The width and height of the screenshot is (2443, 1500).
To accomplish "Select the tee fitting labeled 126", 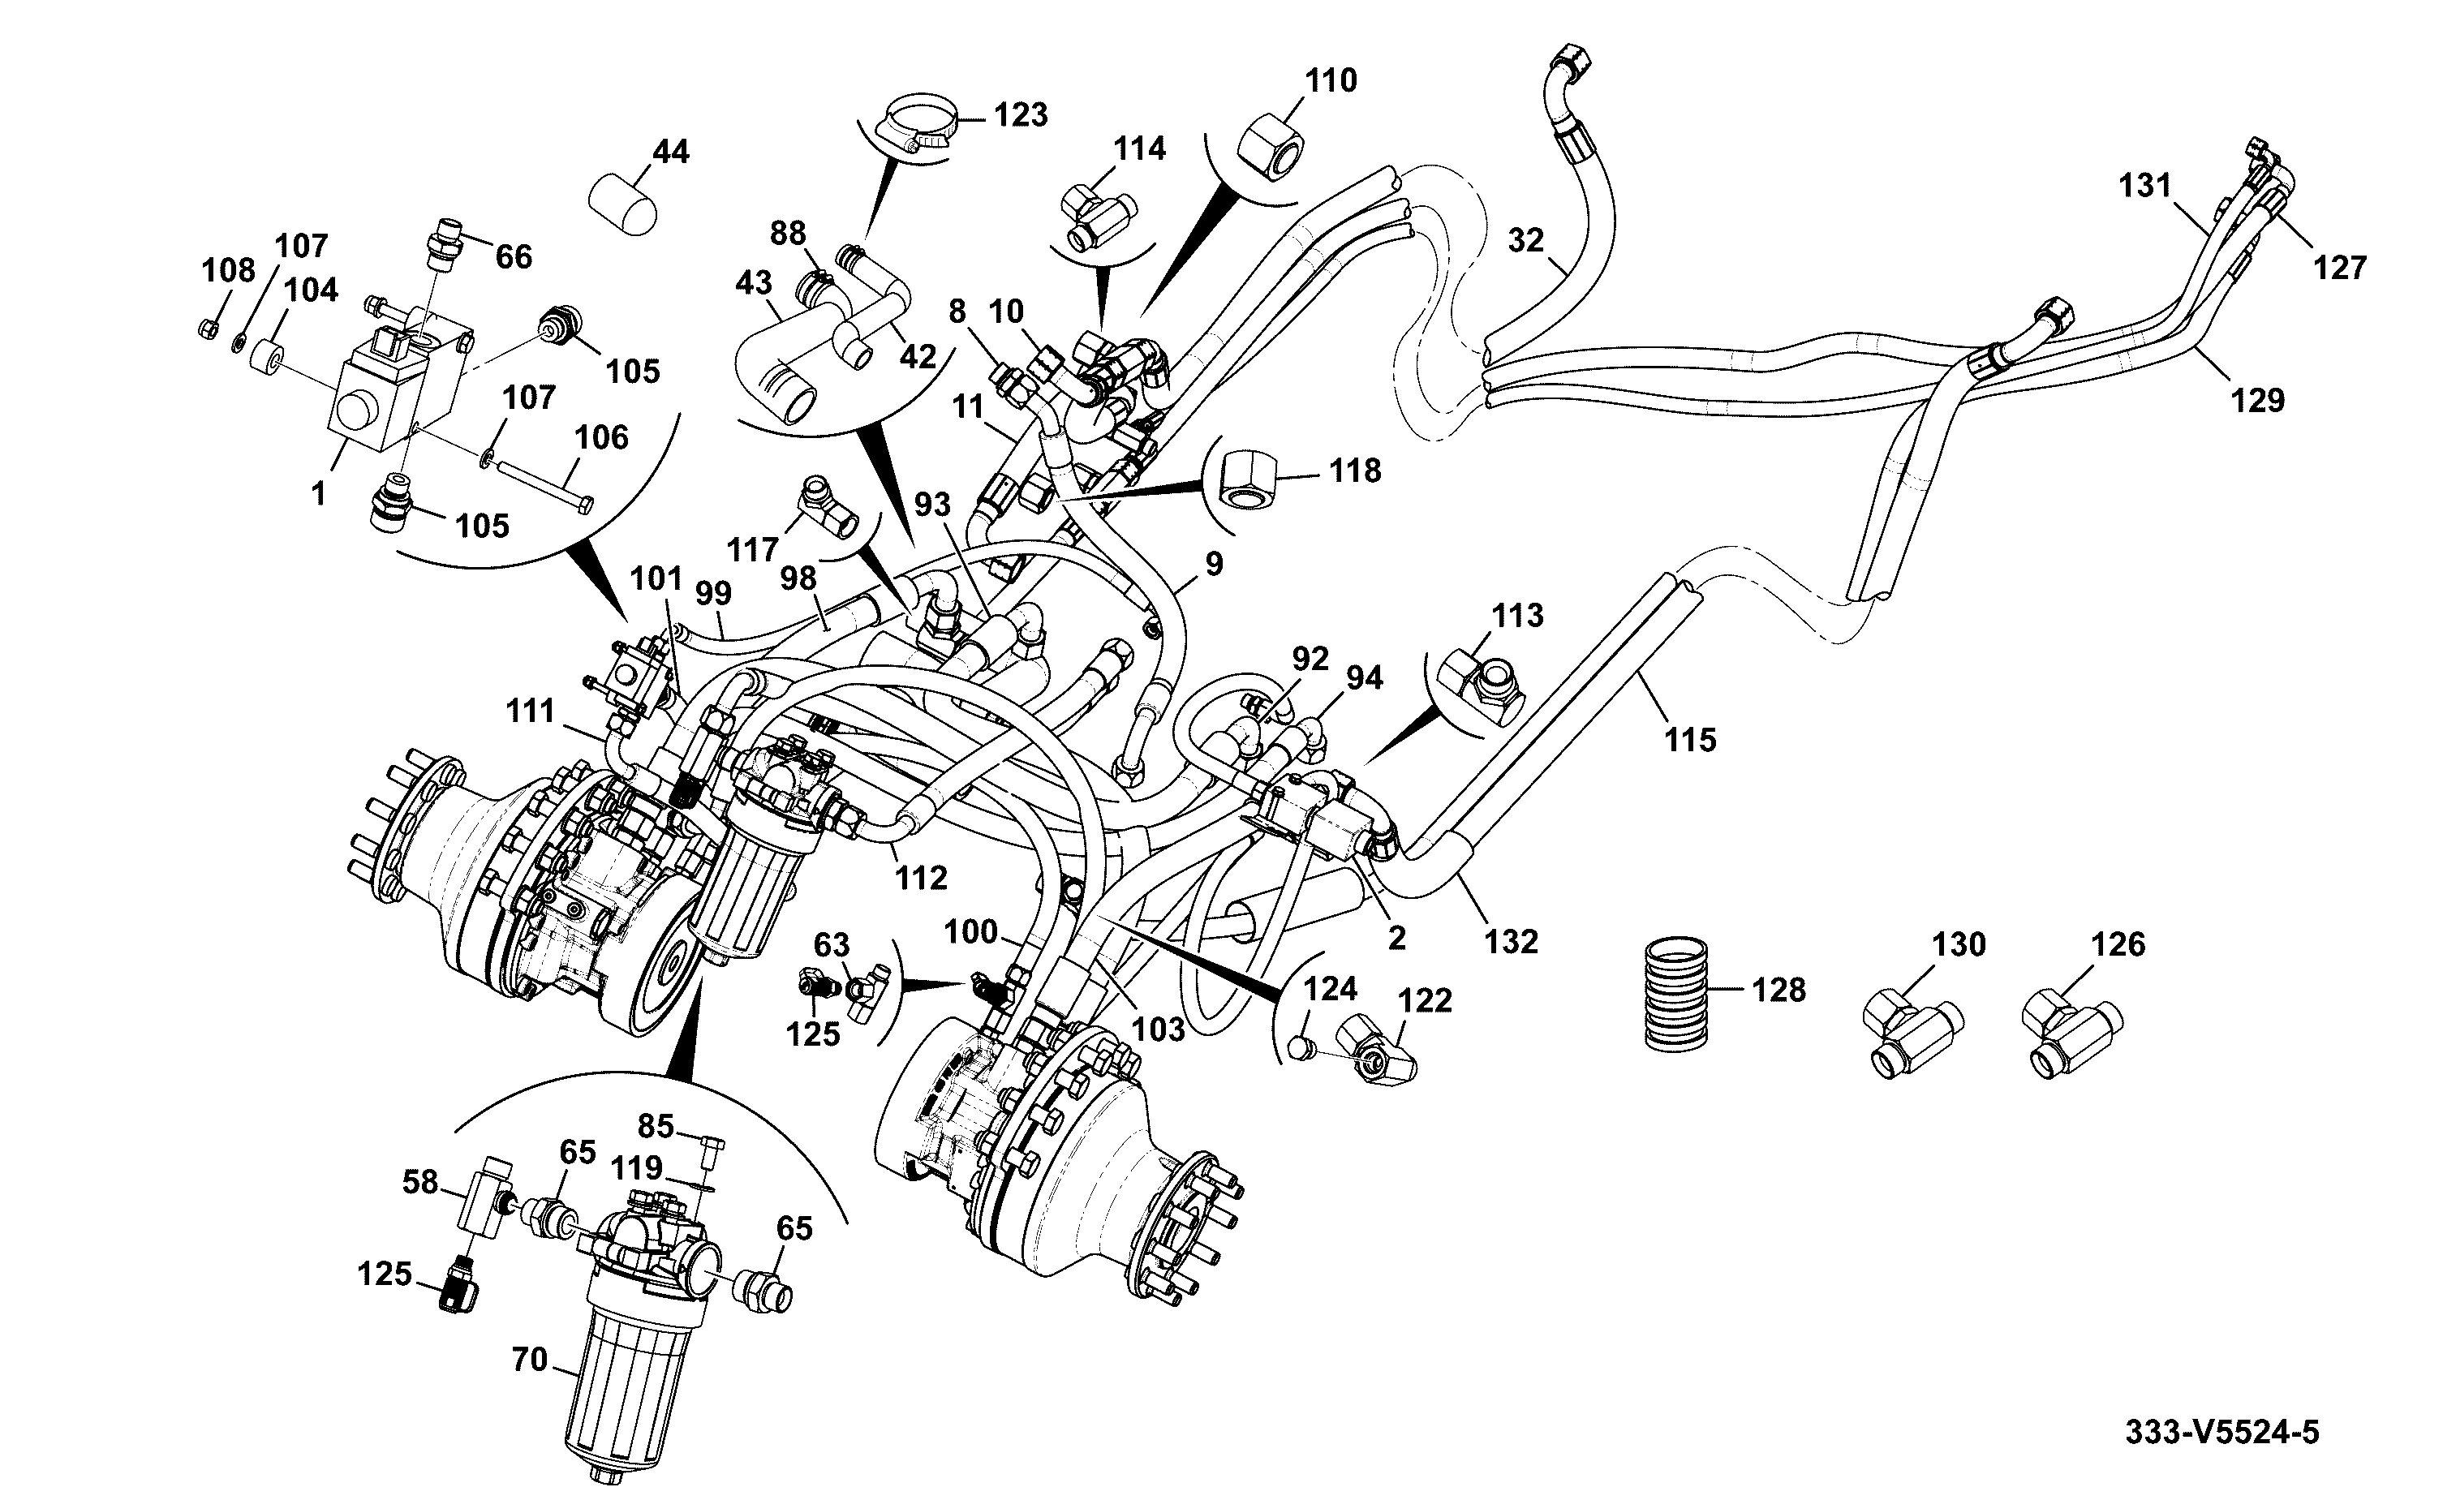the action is click(x=2073, y=1034).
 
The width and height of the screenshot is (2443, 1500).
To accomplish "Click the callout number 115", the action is click(x=1690, y=740).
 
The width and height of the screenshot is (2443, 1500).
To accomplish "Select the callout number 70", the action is click(x=531, y=1358).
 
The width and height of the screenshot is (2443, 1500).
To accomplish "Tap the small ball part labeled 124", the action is click(x=1302, y=1047).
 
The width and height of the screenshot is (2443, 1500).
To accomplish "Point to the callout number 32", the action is click(x=1526, y=240).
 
